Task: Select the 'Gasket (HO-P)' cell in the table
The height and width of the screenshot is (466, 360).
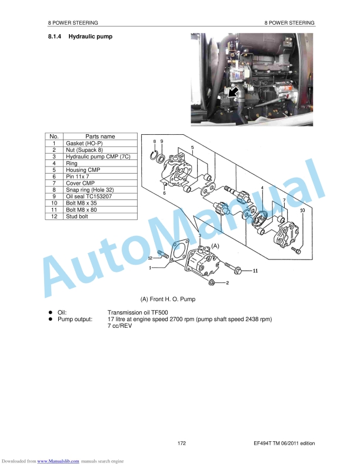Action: (84, 143)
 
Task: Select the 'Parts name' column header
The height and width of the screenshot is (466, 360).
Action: (100, 137)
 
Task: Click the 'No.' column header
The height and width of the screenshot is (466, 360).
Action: (54, 137)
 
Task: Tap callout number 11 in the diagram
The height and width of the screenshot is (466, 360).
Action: (255, 271)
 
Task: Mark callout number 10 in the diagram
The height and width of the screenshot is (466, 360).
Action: (302, 209)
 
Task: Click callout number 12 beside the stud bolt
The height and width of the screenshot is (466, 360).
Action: (151, 258)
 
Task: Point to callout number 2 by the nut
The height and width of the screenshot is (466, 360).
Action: (228, 284)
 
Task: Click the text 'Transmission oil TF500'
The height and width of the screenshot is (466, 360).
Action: (137, 312)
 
